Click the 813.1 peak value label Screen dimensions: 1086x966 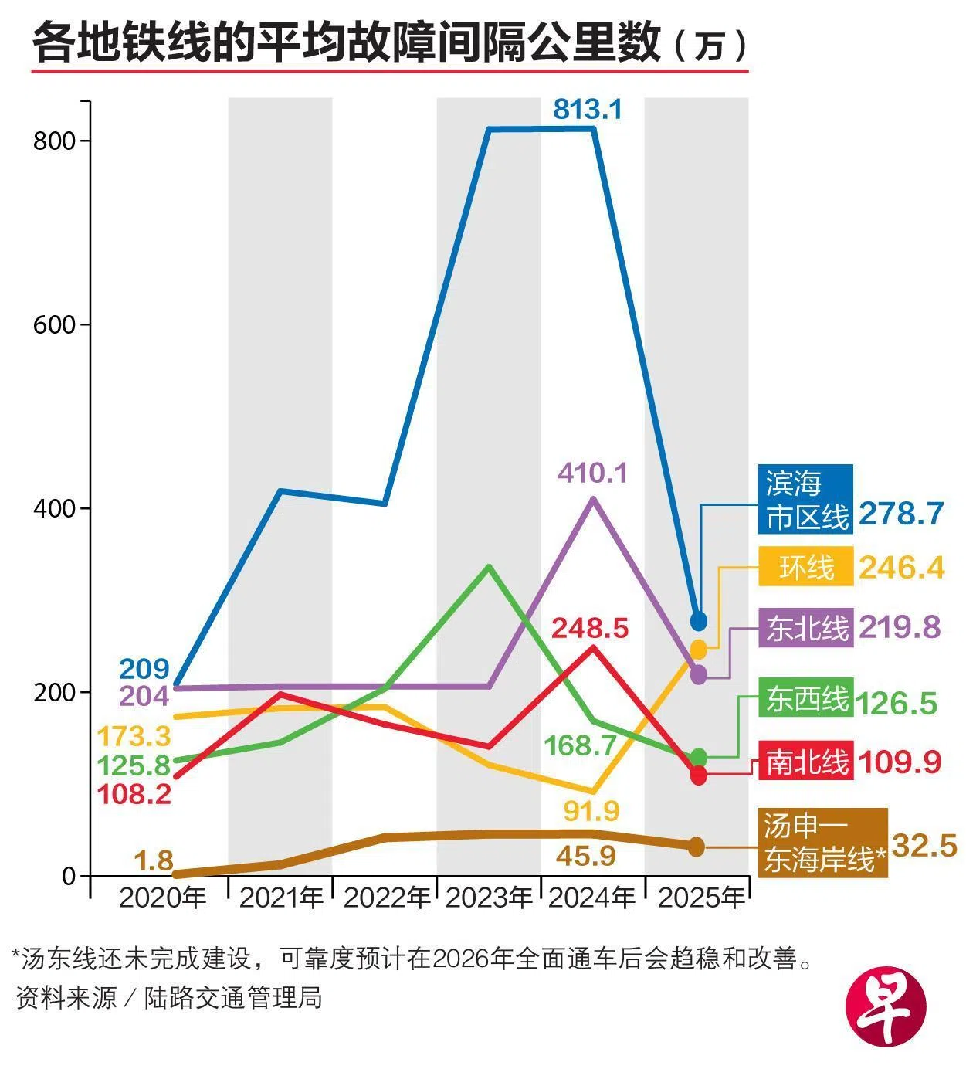587,110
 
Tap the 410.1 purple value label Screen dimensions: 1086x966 592,473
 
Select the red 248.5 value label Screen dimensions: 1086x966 589,628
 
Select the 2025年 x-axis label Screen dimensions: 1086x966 700,898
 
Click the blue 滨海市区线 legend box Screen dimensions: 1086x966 805,499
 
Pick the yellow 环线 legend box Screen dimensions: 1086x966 805,568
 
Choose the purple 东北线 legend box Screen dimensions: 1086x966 805,627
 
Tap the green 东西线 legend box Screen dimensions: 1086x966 805,698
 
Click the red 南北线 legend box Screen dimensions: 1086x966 805,762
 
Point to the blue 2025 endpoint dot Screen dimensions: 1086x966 698,621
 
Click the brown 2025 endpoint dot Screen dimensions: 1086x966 697,847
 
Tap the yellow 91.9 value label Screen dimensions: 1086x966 591,811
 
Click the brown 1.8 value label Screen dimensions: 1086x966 154,860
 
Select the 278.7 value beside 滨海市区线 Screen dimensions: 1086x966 901,513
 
